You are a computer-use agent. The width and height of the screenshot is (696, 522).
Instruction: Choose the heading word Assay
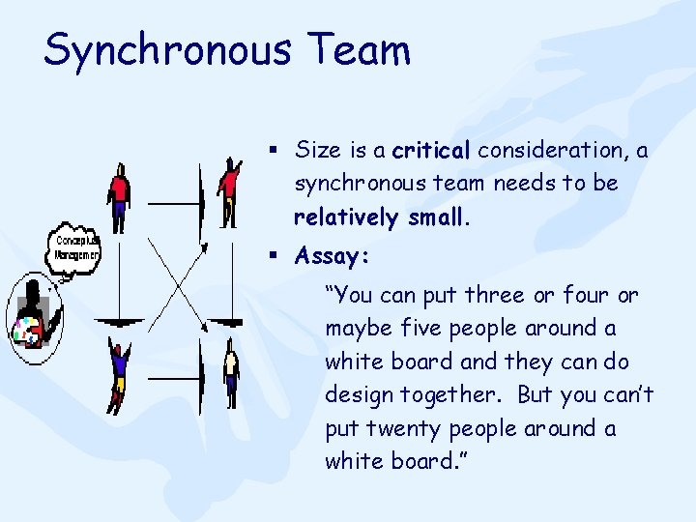coord(333,257)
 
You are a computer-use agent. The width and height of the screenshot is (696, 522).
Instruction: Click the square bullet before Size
coord(275,151)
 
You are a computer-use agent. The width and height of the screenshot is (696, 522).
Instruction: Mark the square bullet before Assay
coord(275,257)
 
